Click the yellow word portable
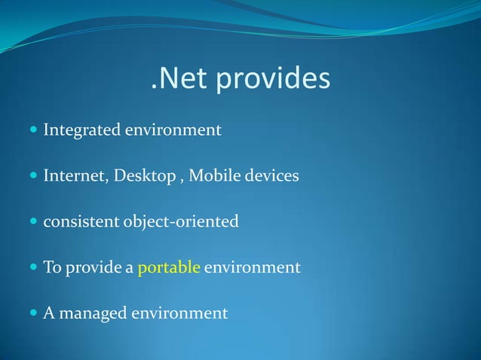169,268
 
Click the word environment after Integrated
173,131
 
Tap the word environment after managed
180,313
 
